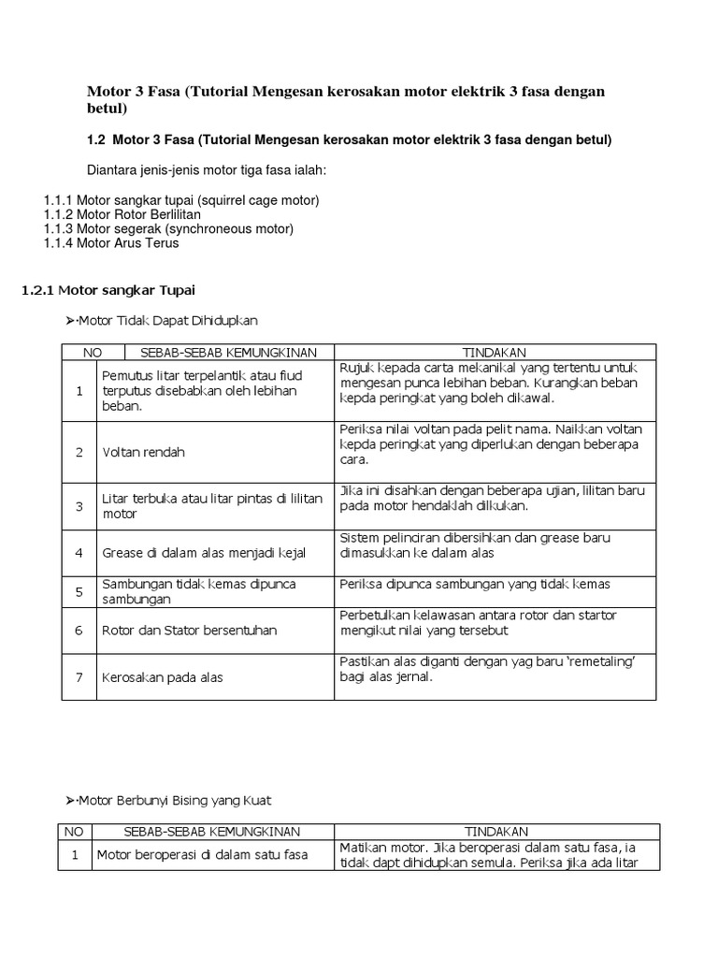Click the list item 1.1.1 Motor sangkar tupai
[x=181, y=200]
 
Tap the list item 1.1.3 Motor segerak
[x=168, y=228]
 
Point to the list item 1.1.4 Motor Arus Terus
[x=111, y=242]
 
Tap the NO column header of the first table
[x=93, y=352]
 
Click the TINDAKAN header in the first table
[x=495, y=352]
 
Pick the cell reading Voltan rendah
[x=144, y=452]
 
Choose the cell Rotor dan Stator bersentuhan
[x=190, y=630]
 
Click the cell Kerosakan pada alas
[x=163, y=676]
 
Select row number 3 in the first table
[x=79, y=506]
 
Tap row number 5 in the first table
[x=79, y=591]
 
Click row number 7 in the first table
[x=79, y=676]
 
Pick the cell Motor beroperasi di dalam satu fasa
[x=203, y=854]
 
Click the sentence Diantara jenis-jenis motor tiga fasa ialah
[x=206, y=170]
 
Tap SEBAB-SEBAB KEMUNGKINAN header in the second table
[x=211, y=831]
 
